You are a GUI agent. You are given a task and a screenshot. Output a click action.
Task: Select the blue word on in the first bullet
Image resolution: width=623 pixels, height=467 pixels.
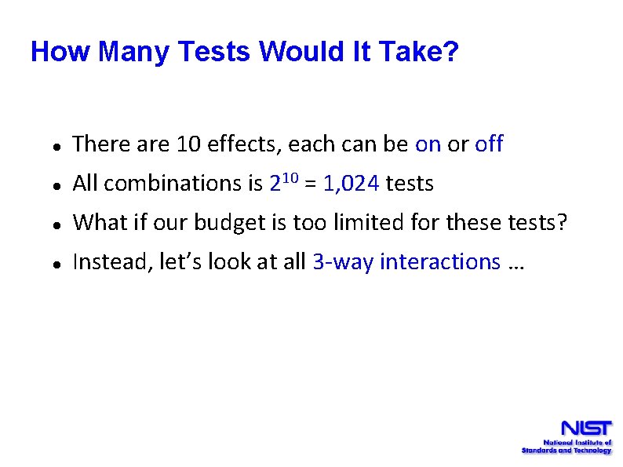pyautogui.click(x=428, y=144)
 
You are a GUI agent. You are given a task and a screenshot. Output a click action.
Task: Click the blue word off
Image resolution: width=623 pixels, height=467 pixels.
pyautogui.click(x=489, y=144)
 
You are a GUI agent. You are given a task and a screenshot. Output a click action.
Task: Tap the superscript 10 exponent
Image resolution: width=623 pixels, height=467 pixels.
pyautogui.click(x=290, y=178)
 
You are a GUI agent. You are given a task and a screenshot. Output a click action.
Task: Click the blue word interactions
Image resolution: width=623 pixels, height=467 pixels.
pyautogui.click(x=439, y=262)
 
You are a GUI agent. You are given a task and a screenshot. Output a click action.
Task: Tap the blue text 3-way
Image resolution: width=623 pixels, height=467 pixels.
pyautogui.click(x=343, y=262)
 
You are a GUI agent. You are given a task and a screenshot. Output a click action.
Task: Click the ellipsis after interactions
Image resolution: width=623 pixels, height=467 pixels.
pyautogui.click(x=516, y=265)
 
